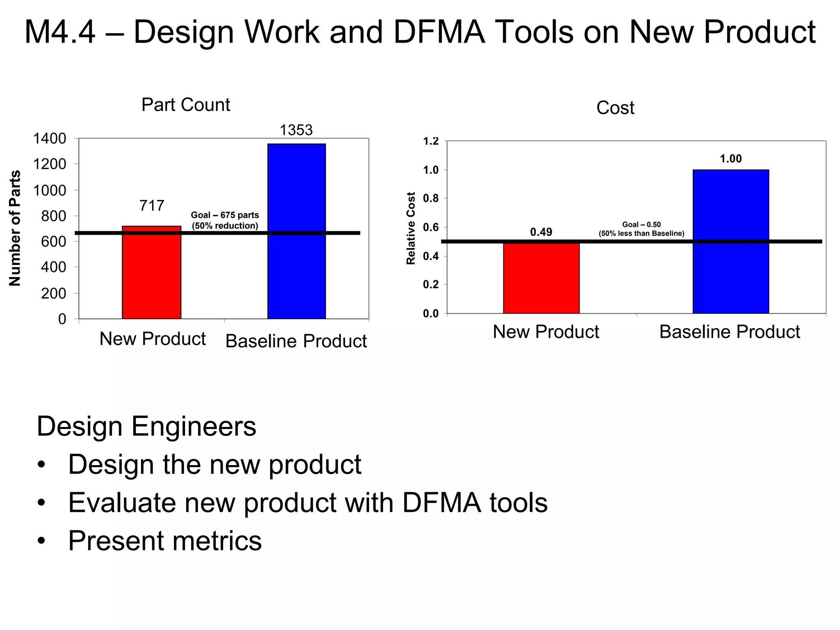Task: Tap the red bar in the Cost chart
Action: [541, 279]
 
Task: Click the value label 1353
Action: [296, 130]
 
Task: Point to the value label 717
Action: [152, 205]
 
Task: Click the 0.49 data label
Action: [541, 232]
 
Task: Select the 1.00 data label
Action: [730, 159]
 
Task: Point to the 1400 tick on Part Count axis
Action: [50, 139]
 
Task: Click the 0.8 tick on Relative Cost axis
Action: [431, 199]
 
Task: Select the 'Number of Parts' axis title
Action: [15, 228]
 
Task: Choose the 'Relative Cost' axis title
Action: [411, 228]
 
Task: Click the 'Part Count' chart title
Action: [185, 105]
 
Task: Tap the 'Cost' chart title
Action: [615, 108]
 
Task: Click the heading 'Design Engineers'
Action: [146, 427]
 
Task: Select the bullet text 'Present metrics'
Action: [164, 540]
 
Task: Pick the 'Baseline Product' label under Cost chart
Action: [729, 332]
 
